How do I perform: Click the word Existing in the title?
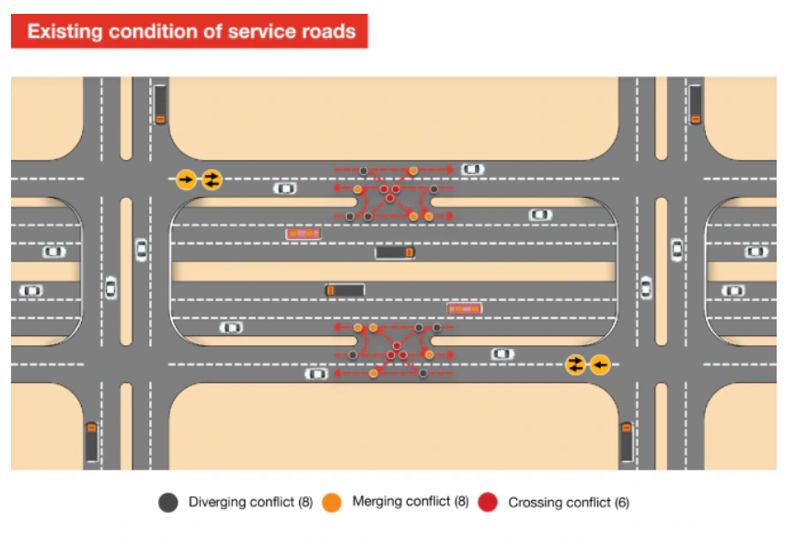(x=64, y=31)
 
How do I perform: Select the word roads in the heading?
(x=329, y=31)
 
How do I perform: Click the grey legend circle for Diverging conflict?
(x=168, y=503)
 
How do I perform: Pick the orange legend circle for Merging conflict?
(x=331, y=503)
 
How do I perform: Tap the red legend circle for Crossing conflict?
(x=488, y=502)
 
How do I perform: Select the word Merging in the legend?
(x=376, y=502)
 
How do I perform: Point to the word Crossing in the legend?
(x=535, y=503)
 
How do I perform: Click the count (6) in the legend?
(x=622, y=503)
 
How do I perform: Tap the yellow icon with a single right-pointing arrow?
(x=186, y=179)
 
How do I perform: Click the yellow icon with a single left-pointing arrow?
(x=600, y=365)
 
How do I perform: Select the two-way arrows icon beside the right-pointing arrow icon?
(x=212, y=179)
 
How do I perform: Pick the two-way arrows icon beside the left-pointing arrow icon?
(x=575, y=365)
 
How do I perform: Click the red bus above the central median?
(x=304, y=234)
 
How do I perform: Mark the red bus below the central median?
(x=465, y=308)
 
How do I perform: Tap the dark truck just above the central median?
(x=395, y=252)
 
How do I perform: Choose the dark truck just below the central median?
(x=345, y=290)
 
